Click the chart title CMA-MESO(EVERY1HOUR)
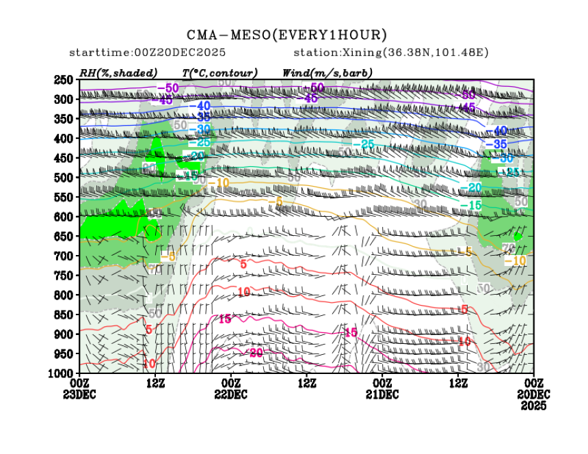pyautogui.click(x=287, y=35)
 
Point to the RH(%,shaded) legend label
pyautogui.click(x=118, y=72)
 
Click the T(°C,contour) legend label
pyautogui.click(x=219, y=72)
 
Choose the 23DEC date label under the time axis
pyautogui.click(x=80, y=395)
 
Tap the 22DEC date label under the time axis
pyautogui.click(x=231, y=395)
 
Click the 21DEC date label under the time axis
pyautogui.click(x=382, y=395)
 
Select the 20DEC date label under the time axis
pyautogui.click(x=533, y=395)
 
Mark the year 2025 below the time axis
pyautogui.click(x=533, y=405)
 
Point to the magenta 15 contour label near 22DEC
pyautogui.click(x=224, y=319)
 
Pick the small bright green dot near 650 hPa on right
pyautogui.click(x=518, y=237)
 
